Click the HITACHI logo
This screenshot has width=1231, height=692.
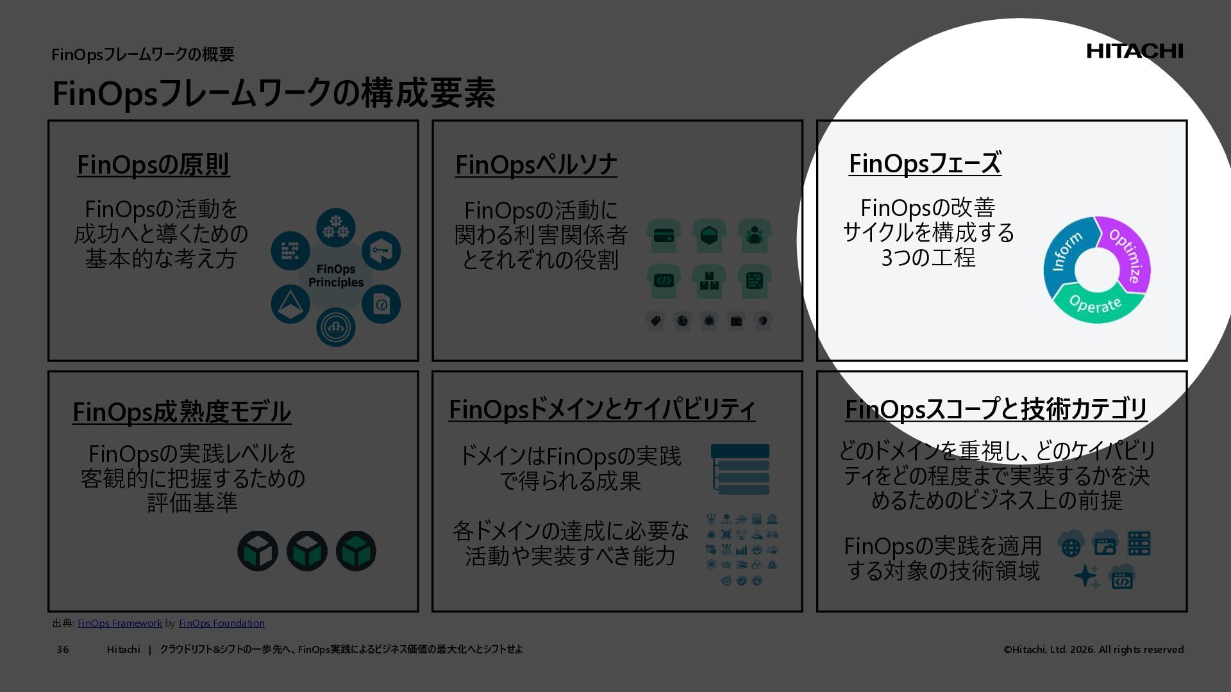point(1134,51)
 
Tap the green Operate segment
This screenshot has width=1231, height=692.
point(1096,305)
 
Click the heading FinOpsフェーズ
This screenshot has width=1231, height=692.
point(925,163)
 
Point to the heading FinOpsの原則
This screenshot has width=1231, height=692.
point(153,165)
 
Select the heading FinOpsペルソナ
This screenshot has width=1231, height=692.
point(536,165)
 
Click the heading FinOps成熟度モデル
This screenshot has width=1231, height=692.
point(181,412)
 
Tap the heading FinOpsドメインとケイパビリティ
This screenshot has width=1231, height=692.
point(601,409)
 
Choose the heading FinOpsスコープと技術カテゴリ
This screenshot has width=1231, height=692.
point(996,409)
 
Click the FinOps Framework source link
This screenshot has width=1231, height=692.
point(120,623)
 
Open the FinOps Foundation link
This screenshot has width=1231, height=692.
point(221,623)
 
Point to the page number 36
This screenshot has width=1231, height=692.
point(63,650)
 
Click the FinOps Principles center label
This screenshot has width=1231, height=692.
point(335,276)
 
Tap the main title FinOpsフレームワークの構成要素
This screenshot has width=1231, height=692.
point(273,94)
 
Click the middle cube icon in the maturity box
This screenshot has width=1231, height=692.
point(306,551)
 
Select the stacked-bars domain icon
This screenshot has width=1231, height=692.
point(740,470)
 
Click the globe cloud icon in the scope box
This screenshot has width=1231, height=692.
point(1071,545)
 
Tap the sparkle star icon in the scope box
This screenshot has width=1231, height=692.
point(1087,576)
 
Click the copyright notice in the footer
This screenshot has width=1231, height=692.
point(1093,650)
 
